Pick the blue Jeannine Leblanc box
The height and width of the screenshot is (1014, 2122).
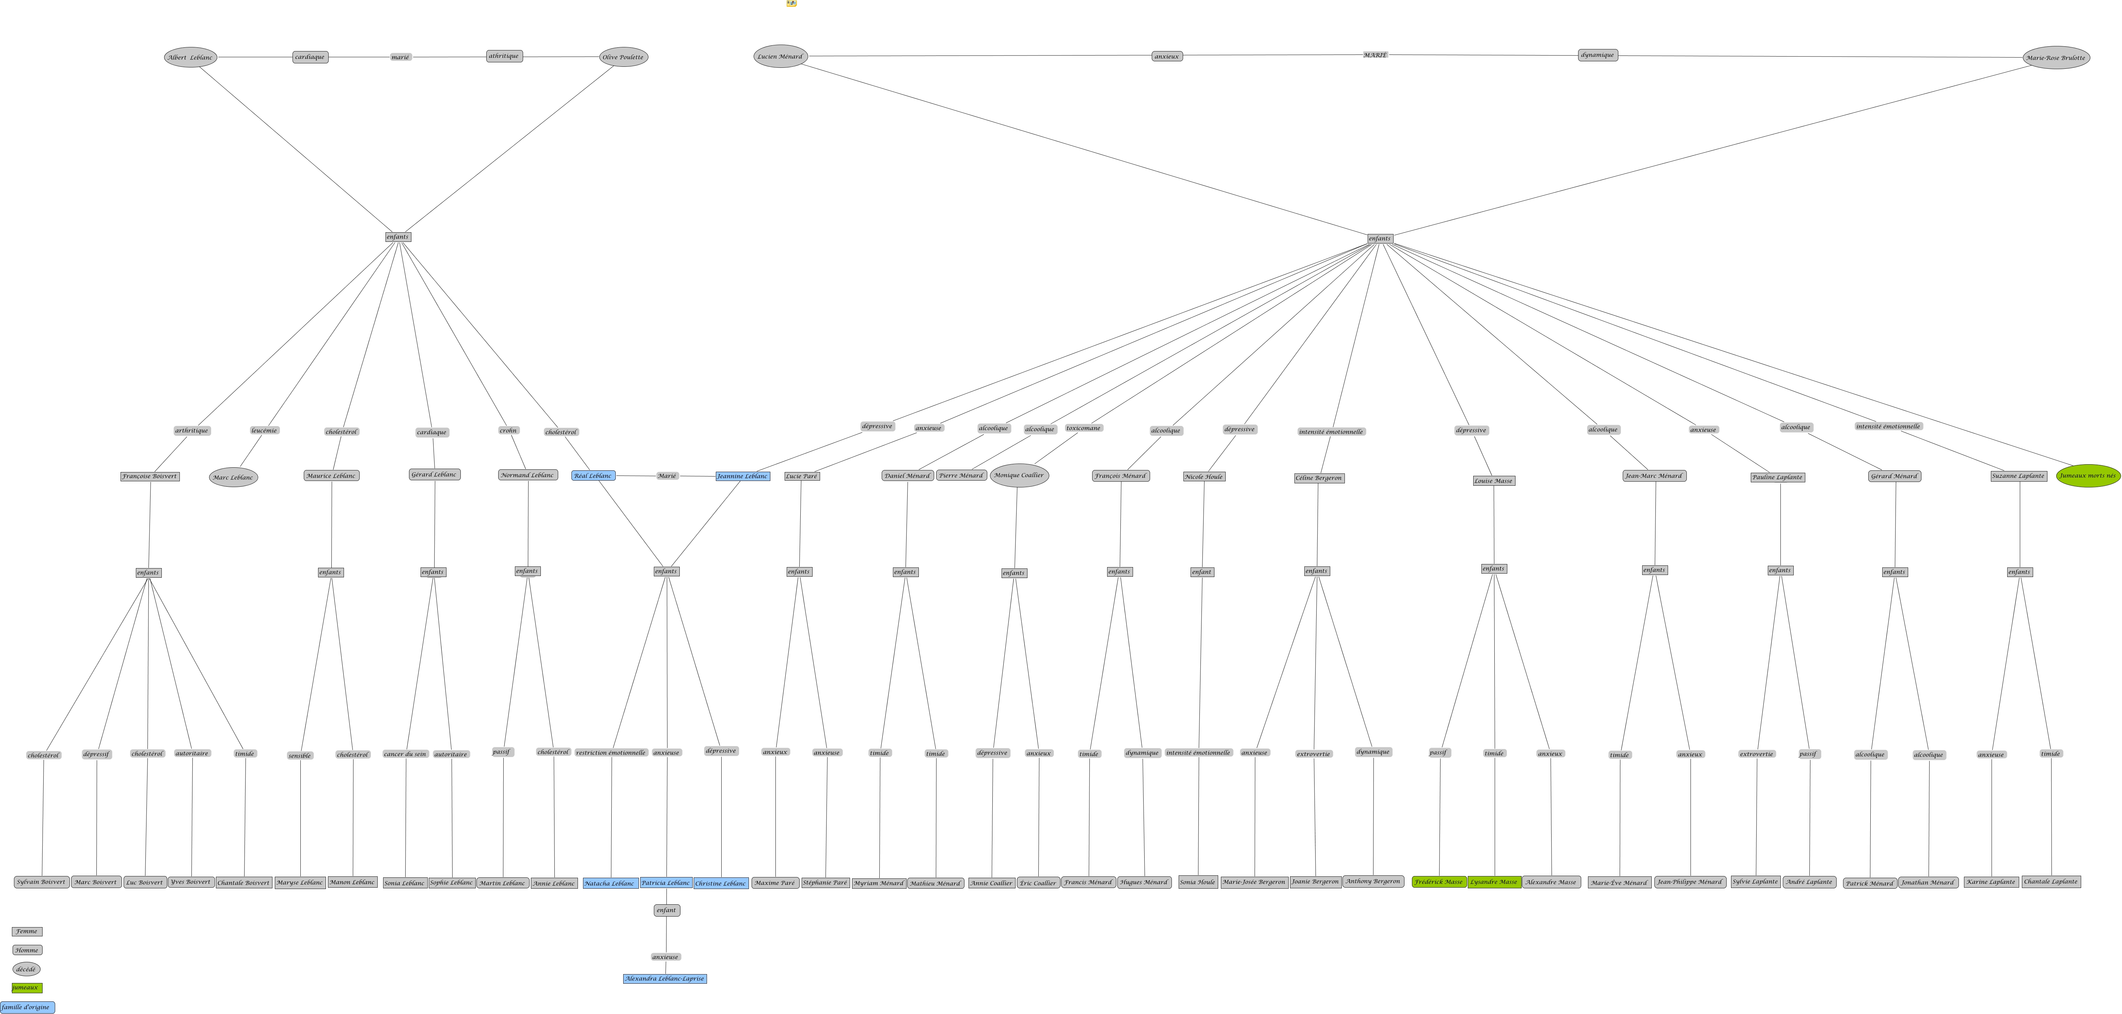(742, 476)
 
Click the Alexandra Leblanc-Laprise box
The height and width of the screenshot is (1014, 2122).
(665, 979)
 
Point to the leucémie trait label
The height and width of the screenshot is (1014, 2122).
(264, 430)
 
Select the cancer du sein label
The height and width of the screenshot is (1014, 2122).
(405, 754)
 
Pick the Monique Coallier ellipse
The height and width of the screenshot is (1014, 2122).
(1019, 475)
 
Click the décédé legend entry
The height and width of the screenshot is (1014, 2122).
(26, 969)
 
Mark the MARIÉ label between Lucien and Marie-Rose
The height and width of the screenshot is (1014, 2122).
(1375, 55)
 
